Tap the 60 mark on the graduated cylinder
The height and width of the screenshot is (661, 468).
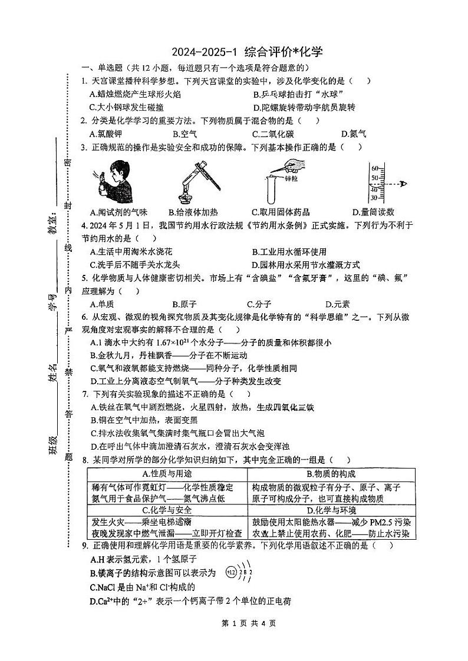374,168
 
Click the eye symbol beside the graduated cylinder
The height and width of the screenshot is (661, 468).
403,184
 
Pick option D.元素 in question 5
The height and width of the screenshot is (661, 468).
337,304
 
